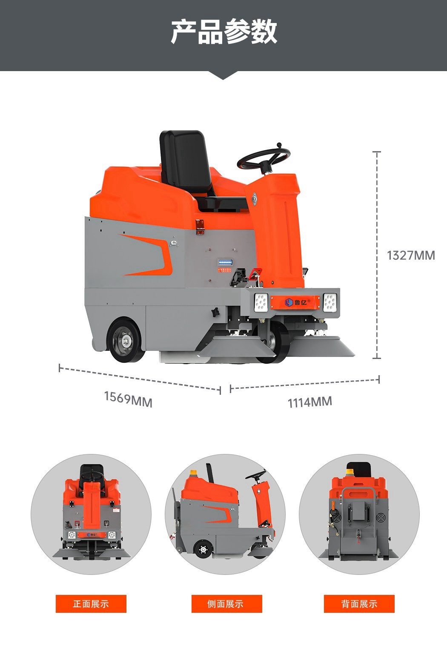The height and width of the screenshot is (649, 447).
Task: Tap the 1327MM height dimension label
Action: click(x=411, y=256)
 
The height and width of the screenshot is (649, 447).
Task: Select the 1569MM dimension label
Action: click(x=128, y=399)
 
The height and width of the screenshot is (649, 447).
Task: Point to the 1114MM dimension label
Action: click(x=309, y=402)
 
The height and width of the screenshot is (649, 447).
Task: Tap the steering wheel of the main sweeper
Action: click(x=264, y=158)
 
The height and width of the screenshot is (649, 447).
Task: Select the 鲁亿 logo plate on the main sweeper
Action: click(x=295, y=302)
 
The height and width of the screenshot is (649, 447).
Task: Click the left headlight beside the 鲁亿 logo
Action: click(x=261, y=302)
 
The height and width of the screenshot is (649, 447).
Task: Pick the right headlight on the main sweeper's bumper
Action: click(x=330, y=302)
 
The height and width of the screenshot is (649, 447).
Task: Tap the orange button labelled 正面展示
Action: click(x=91, y=604)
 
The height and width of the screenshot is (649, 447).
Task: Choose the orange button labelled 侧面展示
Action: click(x=226, y=604)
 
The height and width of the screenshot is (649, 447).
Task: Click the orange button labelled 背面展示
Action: click(x=359, y=604)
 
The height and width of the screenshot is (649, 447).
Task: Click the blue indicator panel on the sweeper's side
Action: click(x=225, y=262)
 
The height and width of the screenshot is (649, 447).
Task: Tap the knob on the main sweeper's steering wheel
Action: click(x=279, y=144)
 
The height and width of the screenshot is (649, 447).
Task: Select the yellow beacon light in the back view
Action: click(x=350, y=472)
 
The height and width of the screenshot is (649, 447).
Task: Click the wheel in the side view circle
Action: click(x=203, y=549)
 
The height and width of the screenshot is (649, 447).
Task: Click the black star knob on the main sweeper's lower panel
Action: click(x=215, y=312)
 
